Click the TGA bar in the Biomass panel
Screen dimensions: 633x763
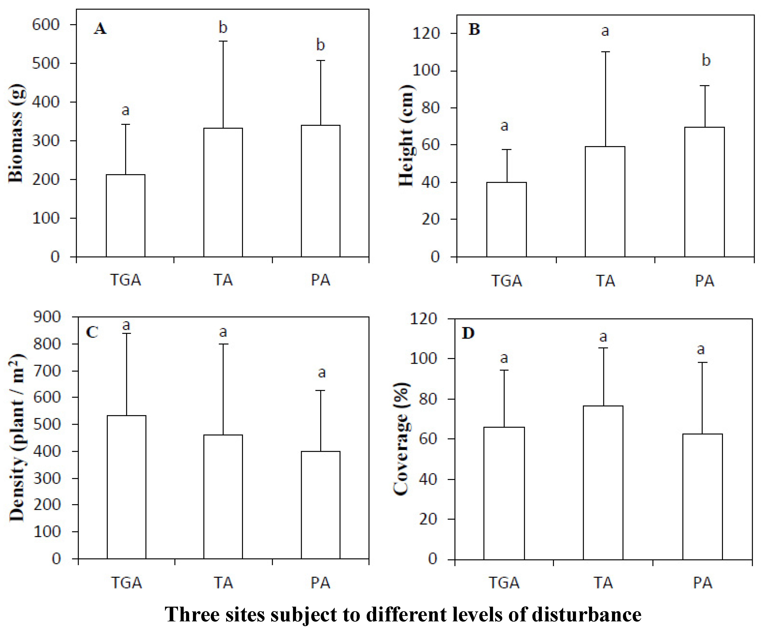pos(125,216)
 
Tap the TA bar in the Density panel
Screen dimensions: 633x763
pos(223,496)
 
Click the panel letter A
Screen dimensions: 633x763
pos(100,29)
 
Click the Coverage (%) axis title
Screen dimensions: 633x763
pos(402,439)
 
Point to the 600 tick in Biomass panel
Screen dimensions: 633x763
pos(46,25)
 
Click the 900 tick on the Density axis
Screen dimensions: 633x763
pos(47,317)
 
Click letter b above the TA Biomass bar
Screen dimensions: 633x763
pos(223,28)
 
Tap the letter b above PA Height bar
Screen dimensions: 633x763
pos(706,60)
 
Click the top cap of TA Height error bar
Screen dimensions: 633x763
pos(606,52)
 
